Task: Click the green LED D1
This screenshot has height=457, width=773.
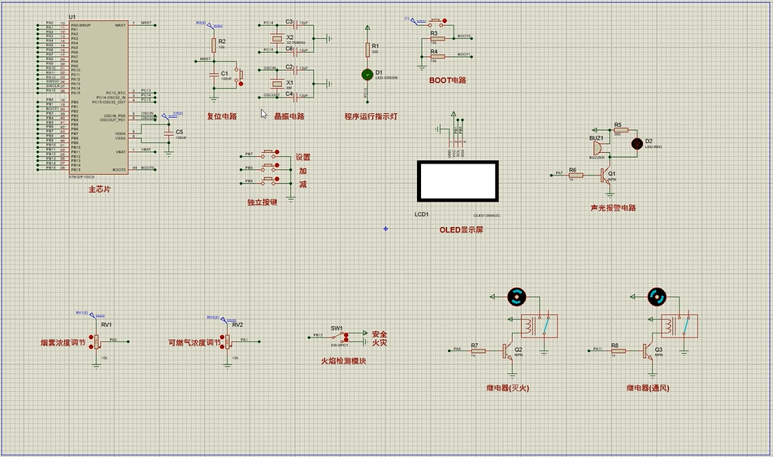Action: point(367,74)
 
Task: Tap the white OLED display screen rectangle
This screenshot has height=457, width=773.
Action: point(458,181)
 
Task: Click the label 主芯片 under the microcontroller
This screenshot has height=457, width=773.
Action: point(99,189)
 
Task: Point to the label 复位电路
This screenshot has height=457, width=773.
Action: point(222,116)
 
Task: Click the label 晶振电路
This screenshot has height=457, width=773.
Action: point(289,116)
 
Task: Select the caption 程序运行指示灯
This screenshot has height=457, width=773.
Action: point(371,116)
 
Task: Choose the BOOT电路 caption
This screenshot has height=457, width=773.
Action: point(448,81)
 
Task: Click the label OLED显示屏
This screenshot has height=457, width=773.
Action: point(461,230)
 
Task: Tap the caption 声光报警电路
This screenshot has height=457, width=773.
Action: point(613,208)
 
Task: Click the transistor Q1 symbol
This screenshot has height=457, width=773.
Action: point(605,174)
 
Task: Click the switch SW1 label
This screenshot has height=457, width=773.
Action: point(337,328)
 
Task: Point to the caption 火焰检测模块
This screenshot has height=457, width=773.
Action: point(342,360)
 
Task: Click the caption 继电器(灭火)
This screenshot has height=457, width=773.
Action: point(507,388)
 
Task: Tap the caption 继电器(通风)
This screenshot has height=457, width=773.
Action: point(648,388)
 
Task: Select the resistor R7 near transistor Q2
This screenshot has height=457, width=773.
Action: point(477,351)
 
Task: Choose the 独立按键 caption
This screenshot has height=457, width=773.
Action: point(262,202)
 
